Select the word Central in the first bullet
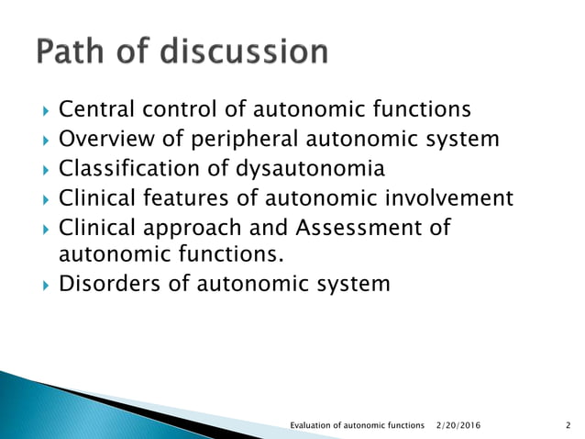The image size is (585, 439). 93,110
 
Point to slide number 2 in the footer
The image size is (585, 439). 568,425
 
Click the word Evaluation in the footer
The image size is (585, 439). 311,425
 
